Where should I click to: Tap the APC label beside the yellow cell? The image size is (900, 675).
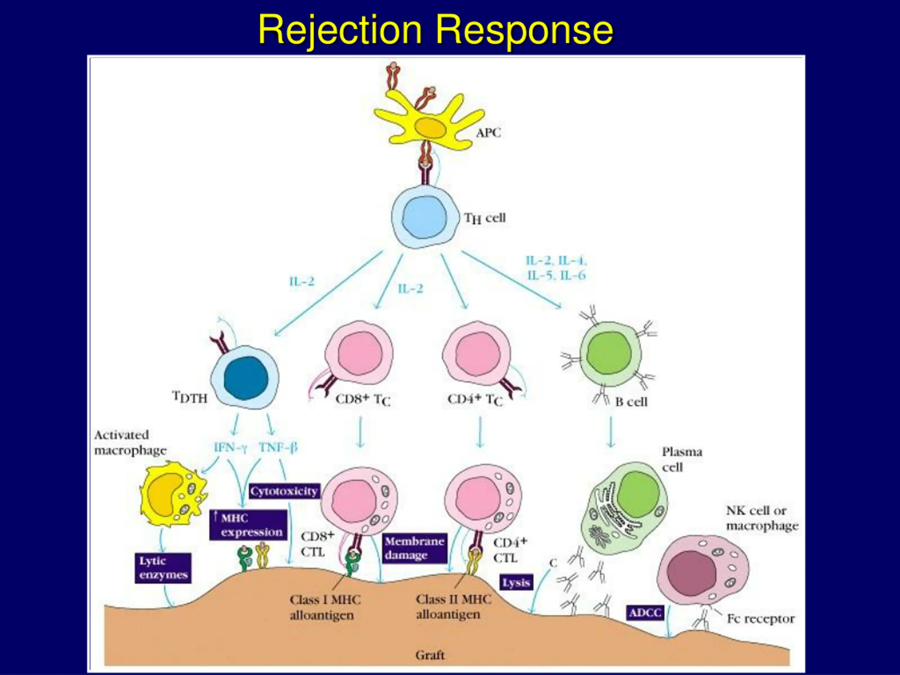488,133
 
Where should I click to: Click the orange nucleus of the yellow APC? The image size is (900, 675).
430,128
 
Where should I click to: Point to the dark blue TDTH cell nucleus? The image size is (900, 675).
246,378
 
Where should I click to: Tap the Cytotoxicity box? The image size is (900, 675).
284,491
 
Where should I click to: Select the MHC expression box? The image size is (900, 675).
248,525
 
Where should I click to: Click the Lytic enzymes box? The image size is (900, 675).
163,568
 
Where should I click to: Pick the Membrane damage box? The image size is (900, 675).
414,548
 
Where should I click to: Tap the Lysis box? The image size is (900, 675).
516,583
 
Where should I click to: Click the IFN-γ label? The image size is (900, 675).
230,448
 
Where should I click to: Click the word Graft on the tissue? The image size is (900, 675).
430,655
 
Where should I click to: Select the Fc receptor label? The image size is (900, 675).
760,618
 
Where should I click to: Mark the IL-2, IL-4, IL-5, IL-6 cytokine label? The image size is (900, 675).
556,268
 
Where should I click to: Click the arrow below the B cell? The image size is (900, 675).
610,431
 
